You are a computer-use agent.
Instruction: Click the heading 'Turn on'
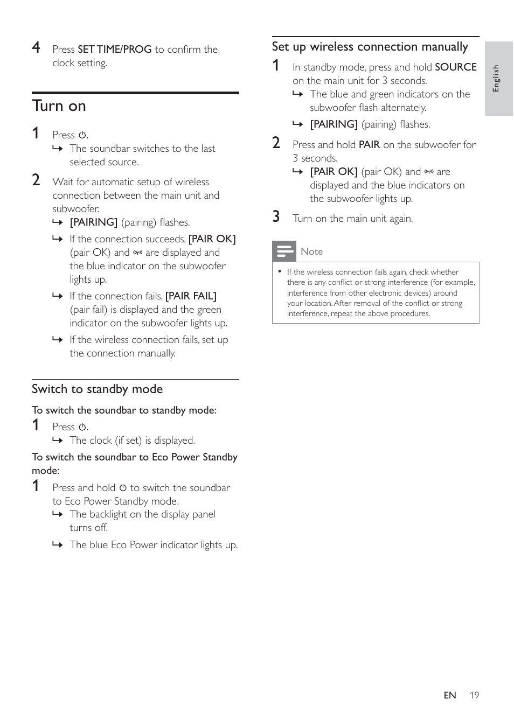pos(59,106)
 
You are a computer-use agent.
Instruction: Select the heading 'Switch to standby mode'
pos(97,389)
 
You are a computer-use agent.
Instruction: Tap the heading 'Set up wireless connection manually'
pos(370,47)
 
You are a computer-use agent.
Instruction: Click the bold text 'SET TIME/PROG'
pos(114,50)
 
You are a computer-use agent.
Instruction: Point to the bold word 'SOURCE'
pos(455,67)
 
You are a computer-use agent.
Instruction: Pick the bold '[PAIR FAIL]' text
pos(191,296)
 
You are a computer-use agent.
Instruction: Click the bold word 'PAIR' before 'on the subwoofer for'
pos(369,145)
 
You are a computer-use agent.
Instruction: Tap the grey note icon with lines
pos(284,251)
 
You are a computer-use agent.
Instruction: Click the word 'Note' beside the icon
pos(311,251)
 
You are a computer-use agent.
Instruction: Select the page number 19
pos(474,695)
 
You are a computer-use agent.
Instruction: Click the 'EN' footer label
pos(449,695)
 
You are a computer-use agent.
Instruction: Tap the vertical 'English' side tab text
pos(496,79)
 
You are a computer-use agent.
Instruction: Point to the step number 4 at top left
pos(36,47)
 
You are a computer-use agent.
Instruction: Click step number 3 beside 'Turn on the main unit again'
pos(276,216)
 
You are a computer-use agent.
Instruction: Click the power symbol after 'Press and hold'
pos(123,488)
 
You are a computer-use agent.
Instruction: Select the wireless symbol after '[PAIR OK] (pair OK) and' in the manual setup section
pos(429,172)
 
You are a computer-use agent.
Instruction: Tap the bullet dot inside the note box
pos(280,271)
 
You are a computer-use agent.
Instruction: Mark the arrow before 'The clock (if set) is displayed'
pos(58,441)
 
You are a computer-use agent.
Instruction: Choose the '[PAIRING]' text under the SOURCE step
pos(334,124)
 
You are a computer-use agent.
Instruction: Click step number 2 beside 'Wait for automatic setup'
pos(36,180)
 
